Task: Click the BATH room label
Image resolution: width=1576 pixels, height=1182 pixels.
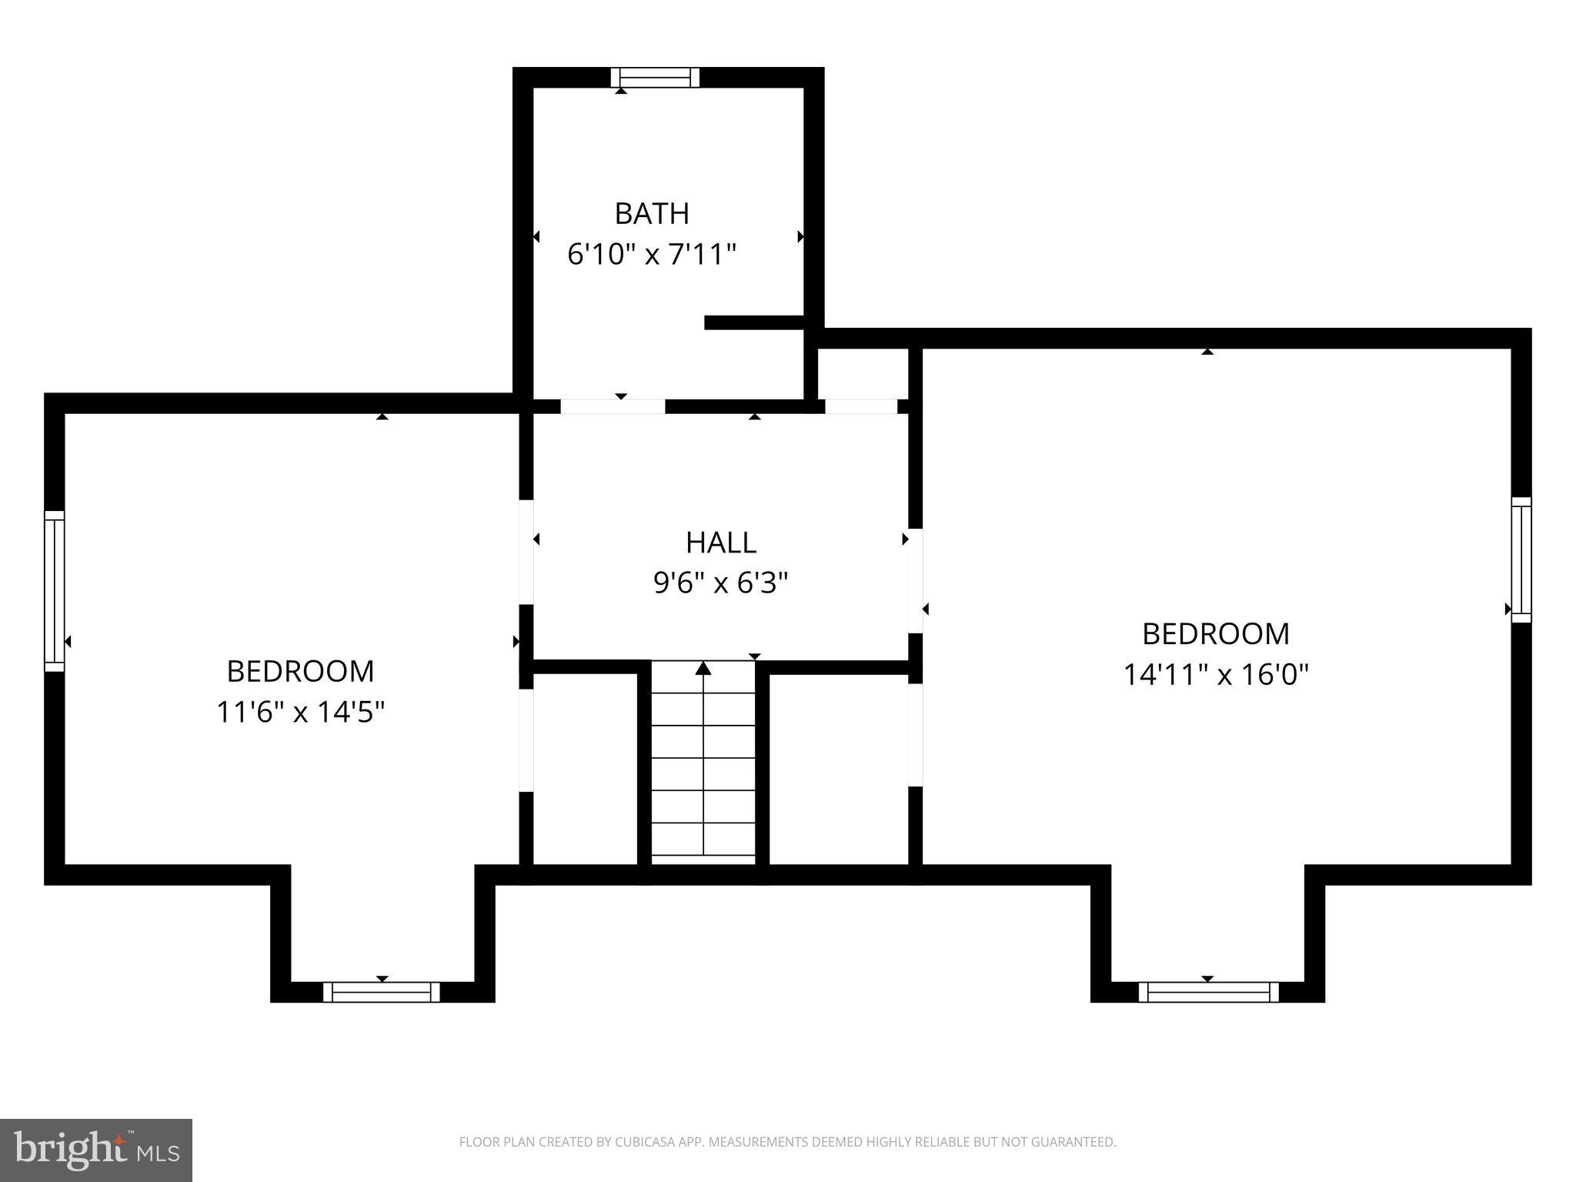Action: pos(651,214)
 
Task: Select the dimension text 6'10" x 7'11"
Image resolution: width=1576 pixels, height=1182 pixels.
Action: pos(651,254)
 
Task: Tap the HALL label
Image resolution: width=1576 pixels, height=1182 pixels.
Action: pos(720,543)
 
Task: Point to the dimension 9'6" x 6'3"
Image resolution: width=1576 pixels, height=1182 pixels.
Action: pos(720,583)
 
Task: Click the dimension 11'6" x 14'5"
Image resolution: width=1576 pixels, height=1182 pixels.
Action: pos(300,712)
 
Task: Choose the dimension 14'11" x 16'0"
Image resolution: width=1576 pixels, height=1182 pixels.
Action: pos(1215,675)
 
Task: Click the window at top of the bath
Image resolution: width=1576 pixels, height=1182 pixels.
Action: pos(655,78)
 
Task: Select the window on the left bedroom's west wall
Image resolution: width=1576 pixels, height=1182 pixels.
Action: pos(54,590)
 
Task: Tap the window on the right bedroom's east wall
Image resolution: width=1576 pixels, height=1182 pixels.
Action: pos(1521,559)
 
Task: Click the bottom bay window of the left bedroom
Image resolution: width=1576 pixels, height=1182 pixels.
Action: pos(381,992)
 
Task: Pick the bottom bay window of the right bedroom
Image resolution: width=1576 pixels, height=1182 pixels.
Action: pos(1208,992)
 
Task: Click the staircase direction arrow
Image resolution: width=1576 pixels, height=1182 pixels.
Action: pos(703,669)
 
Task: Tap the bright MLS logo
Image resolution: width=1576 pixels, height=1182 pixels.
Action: pos(96,1150)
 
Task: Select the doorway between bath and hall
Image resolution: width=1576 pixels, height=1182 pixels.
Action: pos(613,406)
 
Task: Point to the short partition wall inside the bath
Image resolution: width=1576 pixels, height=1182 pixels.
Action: pos(754,322)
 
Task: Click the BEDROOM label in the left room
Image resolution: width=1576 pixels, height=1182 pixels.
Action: pos(300,672)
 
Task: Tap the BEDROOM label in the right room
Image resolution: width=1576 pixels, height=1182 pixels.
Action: pos(1215,634)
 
